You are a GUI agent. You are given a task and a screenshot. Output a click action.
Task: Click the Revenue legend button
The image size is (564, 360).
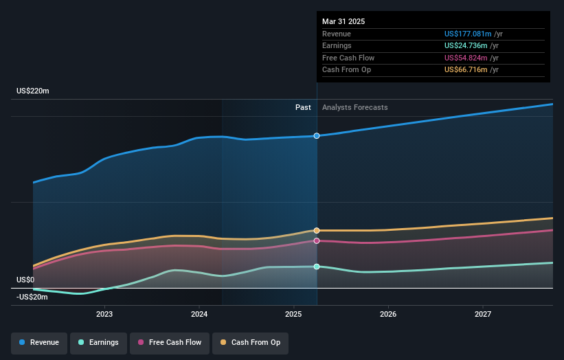click(x=39, y=342)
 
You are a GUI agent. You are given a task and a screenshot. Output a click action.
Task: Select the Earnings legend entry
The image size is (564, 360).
click(x=98, y=342)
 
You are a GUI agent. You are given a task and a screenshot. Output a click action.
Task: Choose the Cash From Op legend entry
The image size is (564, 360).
click(x=251, y=342)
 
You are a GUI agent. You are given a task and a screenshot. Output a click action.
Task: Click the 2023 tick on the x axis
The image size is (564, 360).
click(x=104, y=314)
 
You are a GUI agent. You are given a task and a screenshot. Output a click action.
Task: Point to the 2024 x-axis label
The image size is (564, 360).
click(x=199, y=314)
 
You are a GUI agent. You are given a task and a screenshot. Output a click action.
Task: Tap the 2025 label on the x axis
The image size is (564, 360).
click(x=293, y=314)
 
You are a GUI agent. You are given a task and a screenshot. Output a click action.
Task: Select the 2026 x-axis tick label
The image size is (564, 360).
click(x=388, y=314)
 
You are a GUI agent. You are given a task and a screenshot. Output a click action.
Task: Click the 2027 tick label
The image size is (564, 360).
click(x=483, y=314)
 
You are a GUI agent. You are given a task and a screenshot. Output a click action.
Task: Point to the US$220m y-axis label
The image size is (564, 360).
click(x=33, y=91)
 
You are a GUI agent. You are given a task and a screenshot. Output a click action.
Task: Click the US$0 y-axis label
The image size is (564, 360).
click(x=25, y=280)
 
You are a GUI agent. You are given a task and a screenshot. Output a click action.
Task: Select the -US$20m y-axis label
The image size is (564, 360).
click(x=32, y=297)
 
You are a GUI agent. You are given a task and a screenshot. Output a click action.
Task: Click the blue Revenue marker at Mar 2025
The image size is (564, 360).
click(x=317, y=136)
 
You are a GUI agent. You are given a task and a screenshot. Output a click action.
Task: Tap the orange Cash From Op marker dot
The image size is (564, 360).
click(x=317, y=230)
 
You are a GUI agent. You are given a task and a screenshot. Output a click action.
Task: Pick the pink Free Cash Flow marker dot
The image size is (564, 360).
click(x=317, y=241)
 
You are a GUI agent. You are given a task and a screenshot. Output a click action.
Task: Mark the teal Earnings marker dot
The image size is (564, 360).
click(x=317, y=267)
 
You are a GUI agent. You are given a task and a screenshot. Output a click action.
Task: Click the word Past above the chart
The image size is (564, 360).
click(x=303, y=107)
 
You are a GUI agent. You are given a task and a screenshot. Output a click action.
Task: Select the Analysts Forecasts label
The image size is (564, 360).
click(x=354, y=107)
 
